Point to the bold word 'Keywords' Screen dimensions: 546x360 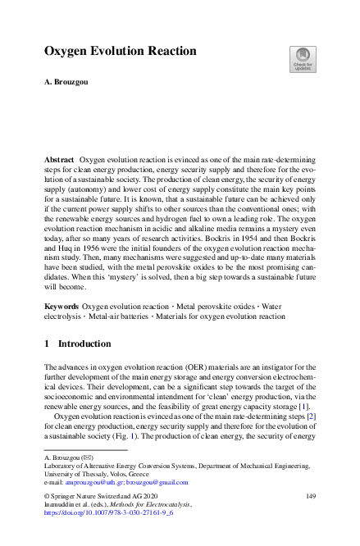tap(62, 306)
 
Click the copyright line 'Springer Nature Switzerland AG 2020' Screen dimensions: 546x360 tap(103, 496)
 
